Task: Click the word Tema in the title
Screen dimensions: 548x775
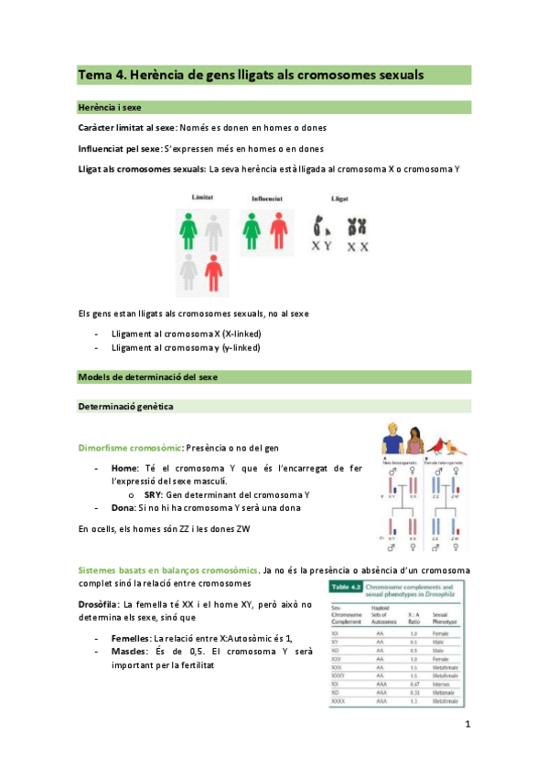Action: click(94, 75)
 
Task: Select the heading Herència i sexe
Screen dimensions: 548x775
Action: click(113, 107)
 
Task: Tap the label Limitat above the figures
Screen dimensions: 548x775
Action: click(203, 197)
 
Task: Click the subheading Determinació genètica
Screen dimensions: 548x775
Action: click(125, 406)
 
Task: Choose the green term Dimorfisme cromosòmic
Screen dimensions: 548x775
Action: click(131, 449)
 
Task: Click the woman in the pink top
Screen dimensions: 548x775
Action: click(414, 443)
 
